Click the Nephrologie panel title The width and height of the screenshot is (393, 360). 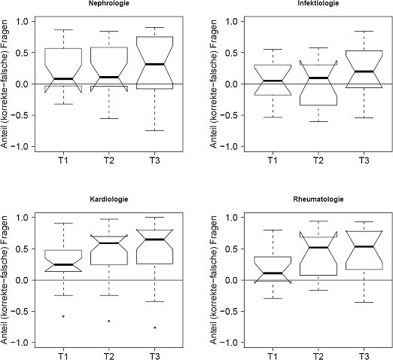coord(109,3)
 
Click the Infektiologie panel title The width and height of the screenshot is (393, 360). coord(318,3)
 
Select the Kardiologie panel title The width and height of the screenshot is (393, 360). coord(109,200)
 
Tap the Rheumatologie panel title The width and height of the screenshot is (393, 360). coord(318,200)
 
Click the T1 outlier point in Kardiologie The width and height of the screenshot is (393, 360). coord(63,316)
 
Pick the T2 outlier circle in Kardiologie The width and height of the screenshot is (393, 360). coord(109,321)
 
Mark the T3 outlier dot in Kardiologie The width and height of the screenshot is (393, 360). coord(154,328)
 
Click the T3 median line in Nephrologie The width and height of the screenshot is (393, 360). coord(154,64)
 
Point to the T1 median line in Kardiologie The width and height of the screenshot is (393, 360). coord(63,264)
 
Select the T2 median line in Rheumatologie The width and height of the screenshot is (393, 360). coord(318,248)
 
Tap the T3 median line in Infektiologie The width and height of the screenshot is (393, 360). coord(364,72)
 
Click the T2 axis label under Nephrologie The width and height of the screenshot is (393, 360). coord(108,160)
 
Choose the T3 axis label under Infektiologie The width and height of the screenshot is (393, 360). coord(364,160)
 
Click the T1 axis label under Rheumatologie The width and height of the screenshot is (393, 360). coord(273,356)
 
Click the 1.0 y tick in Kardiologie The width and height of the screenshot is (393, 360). coord(25,217)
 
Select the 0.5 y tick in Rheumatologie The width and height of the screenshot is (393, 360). coord(234,249)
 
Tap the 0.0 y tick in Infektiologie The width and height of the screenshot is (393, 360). coord(234,84)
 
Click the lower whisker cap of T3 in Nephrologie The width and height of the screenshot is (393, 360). coord(154,130)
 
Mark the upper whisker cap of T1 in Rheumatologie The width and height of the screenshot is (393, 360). coord(273,230)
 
